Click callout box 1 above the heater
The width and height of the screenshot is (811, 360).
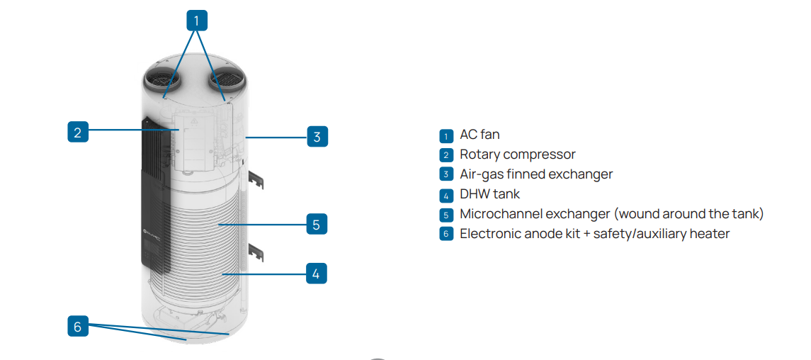[x=197, y=21]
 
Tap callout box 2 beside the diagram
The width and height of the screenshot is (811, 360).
[x=78, y=132]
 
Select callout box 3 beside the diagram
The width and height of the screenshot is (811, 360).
[x=317, y=136]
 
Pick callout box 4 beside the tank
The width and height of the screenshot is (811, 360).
[x=316, y=273]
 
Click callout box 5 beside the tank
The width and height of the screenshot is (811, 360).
[x=316, y=225]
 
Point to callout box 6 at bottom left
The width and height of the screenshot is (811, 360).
[x=78, y=326]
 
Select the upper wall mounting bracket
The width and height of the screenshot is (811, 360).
[x=256, y=181]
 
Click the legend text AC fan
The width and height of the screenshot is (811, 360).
[x=480, y=135]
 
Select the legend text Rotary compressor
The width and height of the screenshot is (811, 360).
[x=517, y=154]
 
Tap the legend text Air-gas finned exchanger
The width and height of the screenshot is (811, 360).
[x=536, y=174]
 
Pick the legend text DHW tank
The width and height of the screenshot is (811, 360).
[x=489, y=193]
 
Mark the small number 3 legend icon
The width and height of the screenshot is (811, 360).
[x=446, y=174]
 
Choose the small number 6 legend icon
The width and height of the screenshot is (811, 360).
[x=446, y=234]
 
